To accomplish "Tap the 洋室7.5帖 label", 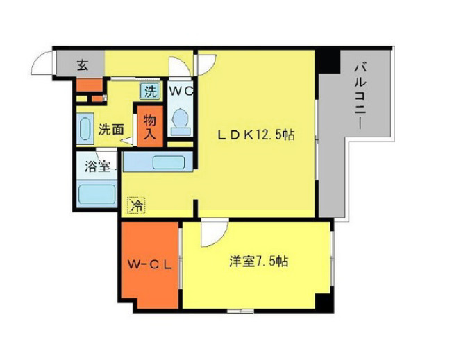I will tap(259, 262).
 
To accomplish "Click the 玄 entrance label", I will tap(83, 66).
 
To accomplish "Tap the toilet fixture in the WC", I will tap(181, 119).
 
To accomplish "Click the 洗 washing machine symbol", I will tap(150, 90).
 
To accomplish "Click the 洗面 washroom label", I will tap(111, 128).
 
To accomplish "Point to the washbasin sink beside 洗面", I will tap(85, 129).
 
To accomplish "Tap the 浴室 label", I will tap(97, 166).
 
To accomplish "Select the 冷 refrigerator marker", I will tap(137, 205).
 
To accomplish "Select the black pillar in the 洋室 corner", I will tap(324, 302).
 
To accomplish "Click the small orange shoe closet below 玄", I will tap(89, 86).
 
